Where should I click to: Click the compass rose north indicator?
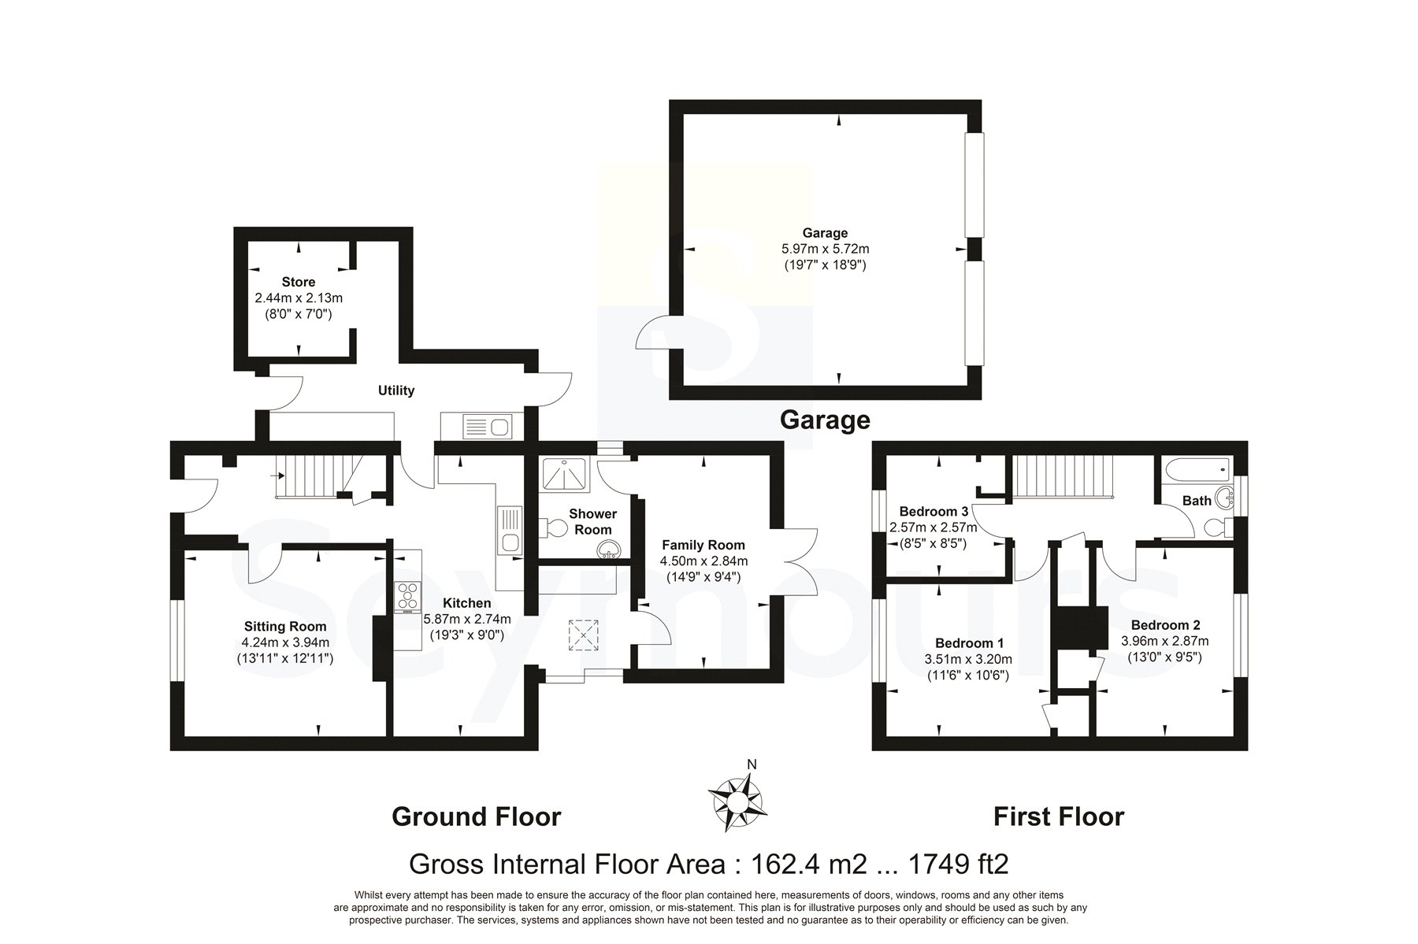(x=752, y=764)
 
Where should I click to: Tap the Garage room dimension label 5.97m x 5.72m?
(x=825, y=249)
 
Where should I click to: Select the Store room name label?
(x=299, y=282)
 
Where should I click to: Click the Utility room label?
(x=396, y=391)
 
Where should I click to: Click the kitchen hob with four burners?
(x=408, y=597)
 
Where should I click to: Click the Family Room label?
(x=703, y=545)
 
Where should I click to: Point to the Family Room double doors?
(x=800, y=561)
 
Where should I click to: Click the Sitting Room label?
(x=285, y=627)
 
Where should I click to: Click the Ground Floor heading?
(x=476, y=817)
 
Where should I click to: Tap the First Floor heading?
(x=1058, y=817)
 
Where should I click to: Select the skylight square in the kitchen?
(x=583, y=636)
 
